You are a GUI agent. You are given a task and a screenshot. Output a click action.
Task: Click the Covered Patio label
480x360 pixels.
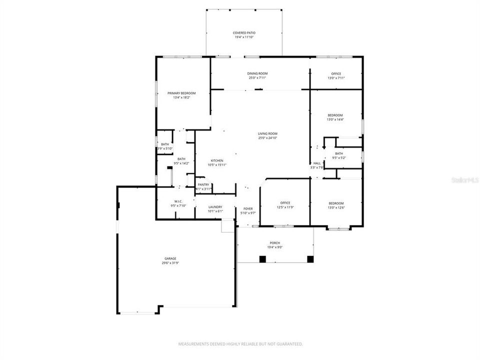tap(244, 32)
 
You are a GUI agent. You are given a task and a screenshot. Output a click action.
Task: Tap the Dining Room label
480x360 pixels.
tap(257, 73)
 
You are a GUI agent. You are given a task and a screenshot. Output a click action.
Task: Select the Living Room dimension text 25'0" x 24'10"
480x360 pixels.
tap(267, 138)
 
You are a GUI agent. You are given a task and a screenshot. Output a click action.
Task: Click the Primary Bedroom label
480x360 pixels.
tap(181, 93)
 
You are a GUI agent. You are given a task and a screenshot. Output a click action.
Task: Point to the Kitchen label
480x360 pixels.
tap(216, 160)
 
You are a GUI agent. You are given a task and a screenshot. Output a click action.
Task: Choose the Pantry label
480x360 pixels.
tap(203, 184)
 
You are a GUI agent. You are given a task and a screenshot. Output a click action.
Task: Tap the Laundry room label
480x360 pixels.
tap(215, 207)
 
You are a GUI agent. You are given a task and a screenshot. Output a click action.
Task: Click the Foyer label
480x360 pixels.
tap(248, 208)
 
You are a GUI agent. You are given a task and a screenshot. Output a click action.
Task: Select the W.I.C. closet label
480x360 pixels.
tap(178, 201)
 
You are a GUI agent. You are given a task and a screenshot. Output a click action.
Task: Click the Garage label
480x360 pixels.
tap(170, 258)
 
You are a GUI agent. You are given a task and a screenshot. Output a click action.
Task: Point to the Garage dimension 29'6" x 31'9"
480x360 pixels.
tap(170, 263)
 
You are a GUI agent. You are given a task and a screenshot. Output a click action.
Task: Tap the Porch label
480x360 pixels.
tap(275, 243)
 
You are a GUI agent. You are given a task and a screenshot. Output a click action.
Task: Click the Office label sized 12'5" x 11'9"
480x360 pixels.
tap(285, 202)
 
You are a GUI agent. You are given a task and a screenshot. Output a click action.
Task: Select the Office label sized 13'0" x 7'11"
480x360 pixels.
tap(336, 73)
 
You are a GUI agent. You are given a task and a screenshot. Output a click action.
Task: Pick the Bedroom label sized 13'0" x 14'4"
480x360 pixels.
tap(335, 115)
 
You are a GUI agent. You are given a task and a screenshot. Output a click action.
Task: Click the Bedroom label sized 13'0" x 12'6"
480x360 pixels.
tap(336, 202)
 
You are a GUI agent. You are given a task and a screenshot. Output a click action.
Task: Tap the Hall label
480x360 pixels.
tap(316, 163)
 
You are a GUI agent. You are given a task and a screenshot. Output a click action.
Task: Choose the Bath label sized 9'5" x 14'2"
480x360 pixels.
tap(181, 159)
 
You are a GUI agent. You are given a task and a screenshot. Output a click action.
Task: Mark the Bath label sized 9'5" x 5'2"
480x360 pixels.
tap(339, 153)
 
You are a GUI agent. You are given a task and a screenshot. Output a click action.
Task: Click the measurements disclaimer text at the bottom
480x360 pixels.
tap(240, 344)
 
